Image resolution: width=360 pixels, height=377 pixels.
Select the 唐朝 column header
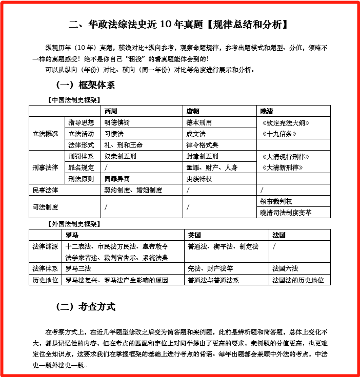tap(193, 111)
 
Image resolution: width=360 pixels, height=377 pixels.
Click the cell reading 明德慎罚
tap(117, 122)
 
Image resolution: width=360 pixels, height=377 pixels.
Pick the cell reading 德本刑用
tap(199, 122)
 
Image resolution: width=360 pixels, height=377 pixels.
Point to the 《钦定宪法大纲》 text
tap(286, 123)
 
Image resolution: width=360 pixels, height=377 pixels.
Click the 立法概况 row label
tap(45, 134)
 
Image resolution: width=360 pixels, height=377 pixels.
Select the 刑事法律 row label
tap(45, 167)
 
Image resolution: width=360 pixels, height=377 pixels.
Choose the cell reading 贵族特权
tap(199, 179)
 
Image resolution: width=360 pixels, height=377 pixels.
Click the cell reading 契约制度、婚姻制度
tap(133, 190)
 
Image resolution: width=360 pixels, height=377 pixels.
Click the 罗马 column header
tap(71, 235)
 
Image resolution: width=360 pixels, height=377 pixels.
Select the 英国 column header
tap(194, 235)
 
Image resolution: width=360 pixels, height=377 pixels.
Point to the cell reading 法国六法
tap(285, 268)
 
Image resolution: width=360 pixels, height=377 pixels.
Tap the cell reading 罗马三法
tap(78, 268)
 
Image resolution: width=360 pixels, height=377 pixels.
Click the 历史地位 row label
tap(45, 280)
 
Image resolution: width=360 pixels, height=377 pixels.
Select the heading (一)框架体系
tap(86, 85)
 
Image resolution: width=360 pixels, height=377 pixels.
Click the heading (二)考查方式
tap(86, 307)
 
